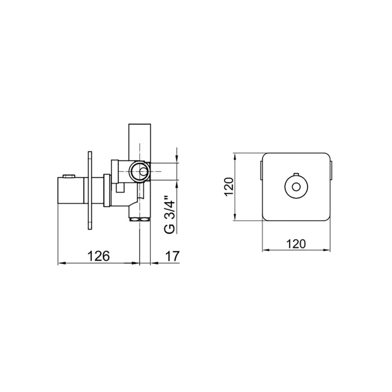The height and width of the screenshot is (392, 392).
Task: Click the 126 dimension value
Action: click(98, 256)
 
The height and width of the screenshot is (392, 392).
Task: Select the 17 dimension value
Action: click(172, 256)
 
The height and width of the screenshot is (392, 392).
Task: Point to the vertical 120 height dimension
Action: click(228, 186)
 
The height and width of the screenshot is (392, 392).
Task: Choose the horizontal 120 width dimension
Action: click(296, 244)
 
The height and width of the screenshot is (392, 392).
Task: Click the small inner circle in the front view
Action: click(296, 186)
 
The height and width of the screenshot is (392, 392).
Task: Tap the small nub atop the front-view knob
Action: click(296, 174)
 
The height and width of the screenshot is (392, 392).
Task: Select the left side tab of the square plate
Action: click(261, 170)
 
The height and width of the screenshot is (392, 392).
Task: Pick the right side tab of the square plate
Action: click(331, 170)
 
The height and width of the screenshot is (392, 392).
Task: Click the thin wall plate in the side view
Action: click(90, 190)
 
